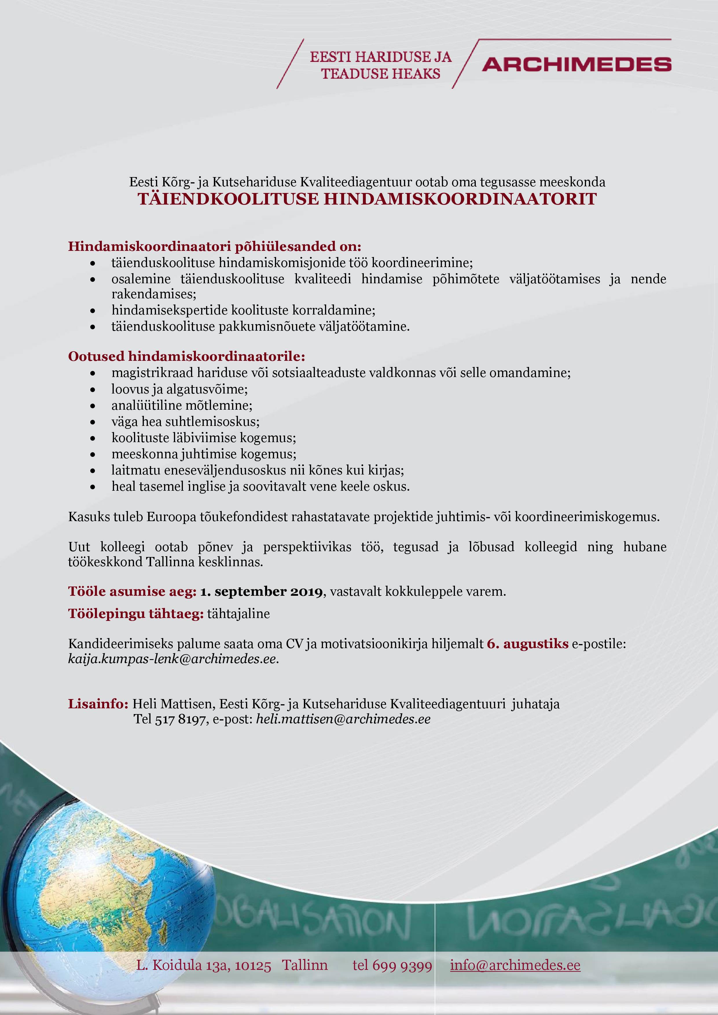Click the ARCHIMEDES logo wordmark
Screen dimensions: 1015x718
[x=576, y=65]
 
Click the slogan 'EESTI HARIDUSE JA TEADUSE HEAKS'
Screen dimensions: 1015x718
[x=381, y=65]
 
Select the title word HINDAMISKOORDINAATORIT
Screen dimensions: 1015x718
[x=460, y=199]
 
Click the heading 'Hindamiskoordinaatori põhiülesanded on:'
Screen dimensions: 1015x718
[x=214, y=246]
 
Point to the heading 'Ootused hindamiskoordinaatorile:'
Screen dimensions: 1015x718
[x=187, y=356]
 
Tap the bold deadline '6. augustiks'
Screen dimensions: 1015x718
[x=528, y=644]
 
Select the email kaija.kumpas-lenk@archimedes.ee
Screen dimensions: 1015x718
[x=172, y=659]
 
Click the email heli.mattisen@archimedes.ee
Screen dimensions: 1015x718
[x=343, y=719]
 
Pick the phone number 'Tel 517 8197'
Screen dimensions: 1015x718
[x=170, y=719]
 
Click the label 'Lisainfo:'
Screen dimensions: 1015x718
[x=98, y=704]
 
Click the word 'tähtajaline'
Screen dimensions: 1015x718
[x=238, y=614]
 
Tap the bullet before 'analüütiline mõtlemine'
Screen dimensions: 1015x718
[x=92, y=406]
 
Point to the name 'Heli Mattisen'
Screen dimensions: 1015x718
[x=173, y=704]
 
